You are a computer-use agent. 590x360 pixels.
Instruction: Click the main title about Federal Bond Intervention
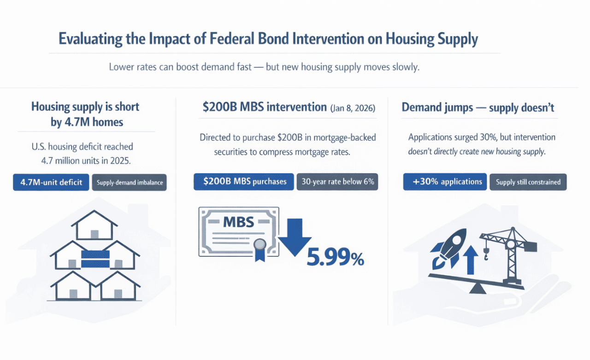click(268, 39)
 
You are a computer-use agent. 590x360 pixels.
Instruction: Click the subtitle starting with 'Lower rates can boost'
click(264, 67)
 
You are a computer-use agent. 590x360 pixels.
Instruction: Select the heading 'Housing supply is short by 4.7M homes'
click(85, 114)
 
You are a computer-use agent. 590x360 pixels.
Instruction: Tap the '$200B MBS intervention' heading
click(265, 107)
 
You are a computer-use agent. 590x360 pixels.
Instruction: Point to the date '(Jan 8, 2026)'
click(353, 108)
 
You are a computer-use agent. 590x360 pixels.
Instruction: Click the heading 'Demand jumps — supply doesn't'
click(478, 107)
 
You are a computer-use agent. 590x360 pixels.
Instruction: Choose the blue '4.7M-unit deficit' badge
click(51, 182)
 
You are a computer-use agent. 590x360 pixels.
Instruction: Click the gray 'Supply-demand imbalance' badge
click(130, 183)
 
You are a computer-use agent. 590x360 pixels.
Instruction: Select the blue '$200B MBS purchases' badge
click(243, 182)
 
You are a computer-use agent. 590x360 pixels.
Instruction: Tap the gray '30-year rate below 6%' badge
click(337, 182)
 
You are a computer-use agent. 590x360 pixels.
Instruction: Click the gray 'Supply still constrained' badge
click(528, 182)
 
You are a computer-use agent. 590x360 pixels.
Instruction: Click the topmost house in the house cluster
click(94, 224)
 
